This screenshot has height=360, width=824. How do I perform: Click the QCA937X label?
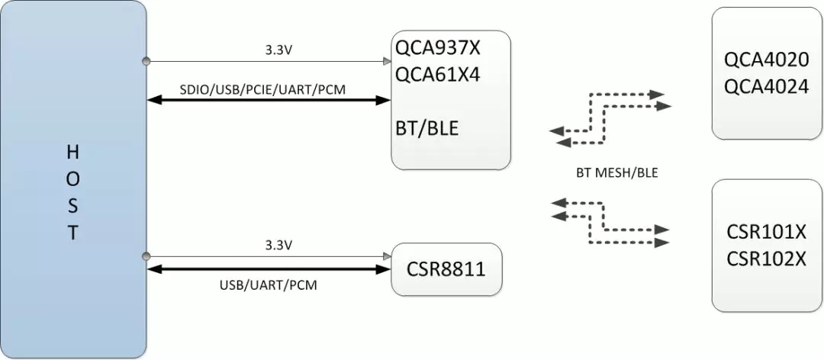[438, 50]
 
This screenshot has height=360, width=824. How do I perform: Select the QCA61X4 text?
[438, 76]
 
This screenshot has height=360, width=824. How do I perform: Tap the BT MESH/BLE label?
[616, 173]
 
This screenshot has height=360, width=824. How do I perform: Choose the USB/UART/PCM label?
[269, 285]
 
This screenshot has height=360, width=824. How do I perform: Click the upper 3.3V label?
[278, 50]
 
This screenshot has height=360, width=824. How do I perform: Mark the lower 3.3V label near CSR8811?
[278, 246]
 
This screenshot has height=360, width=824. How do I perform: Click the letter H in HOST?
[73, 152]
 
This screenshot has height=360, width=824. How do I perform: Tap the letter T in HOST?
[73, 233]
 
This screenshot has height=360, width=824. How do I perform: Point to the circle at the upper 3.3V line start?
[146, 60]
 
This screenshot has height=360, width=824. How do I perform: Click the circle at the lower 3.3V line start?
[146, 256]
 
